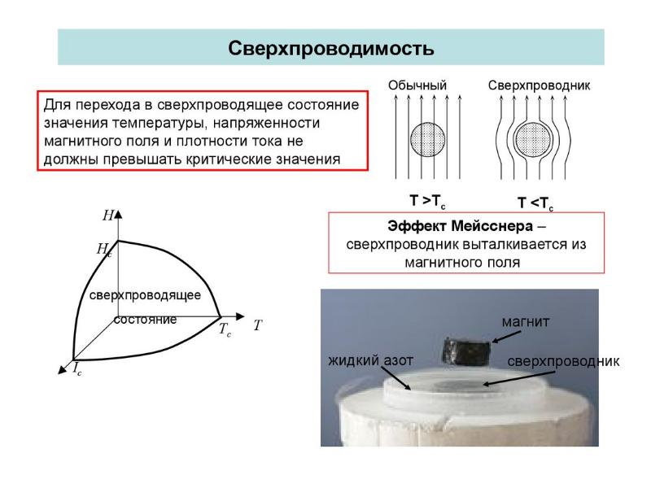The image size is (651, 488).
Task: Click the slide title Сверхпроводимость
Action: tap(330, 48)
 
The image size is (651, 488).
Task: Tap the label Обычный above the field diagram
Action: tap(417, 85)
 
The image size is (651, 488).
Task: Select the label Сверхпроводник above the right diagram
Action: tap(539, 85)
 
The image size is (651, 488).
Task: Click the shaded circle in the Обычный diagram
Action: tap(426, 136)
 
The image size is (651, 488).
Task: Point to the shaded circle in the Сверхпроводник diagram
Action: tap(533, 136)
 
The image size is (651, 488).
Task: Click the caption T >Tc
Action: tap(427, 200)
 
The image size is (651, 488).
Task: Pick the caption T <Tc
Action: tap(535, 202)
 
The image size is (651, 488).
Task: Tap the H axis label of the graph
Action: tap(107, 216)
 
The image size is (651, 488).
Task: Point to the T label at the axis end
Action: tap(257, 325)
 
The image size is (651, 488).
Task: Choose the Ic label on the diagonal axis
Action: tap(76, 370)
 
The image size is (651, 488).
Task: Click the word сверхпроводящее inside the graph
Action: tap(145, 294)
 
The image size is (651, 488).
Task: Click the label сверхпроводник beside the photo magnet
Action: tap(563, 359)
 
